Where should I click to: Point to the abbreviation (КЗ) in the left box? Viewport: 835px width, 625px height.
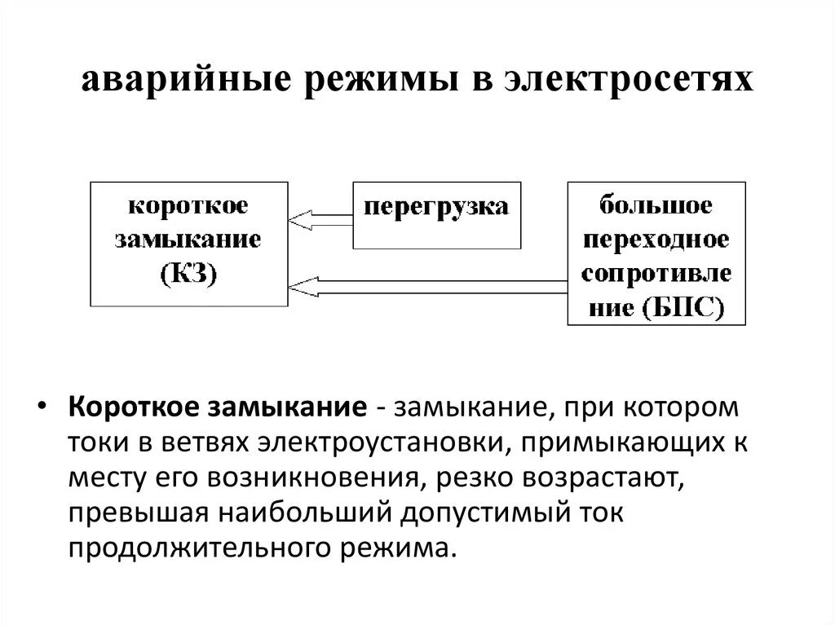pyautogui.click(x=188, y=275)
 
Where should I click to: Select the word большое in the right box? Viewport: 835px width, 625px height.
pyautogui.click(x=656, y=205)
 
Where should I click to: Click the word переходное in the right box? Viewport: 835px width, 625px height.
pyautogui.click(x=656, y=240)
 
